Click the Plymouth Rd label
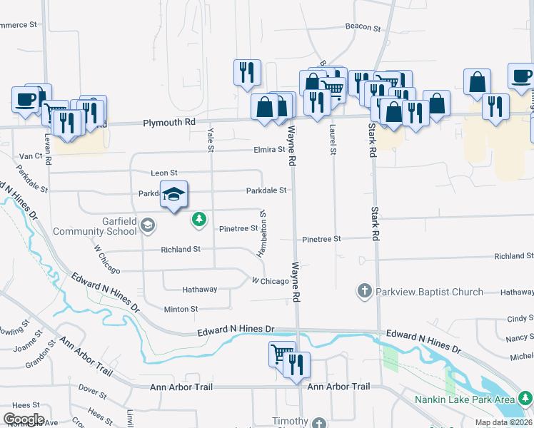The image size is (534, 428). coord(169,123)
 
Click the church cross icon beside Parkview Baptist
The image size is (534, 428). coord(364,291)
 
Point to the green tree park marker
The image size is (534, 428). coord(200,220)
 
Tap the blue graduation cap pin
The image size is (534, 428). coord(173,195)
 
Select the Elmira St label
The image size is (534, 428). coord(269,150)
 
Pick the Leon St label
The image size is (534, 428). coord(163,173)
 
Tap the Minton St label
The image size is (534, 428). coord(180,309)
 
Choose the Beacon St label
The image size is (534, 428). coord(363,27)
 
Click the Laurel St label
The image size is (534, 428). coord(333,140)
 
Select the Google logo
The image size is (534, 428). coord(24,419)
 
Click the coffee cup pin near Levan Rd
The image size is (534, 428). coord(26,99)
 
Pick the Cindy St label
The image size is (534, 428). coord(519,319)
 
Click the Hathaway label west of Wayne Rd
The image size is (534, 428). coord(199,290)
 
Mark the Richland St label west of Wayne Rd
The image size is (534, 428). coord(181,249)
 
